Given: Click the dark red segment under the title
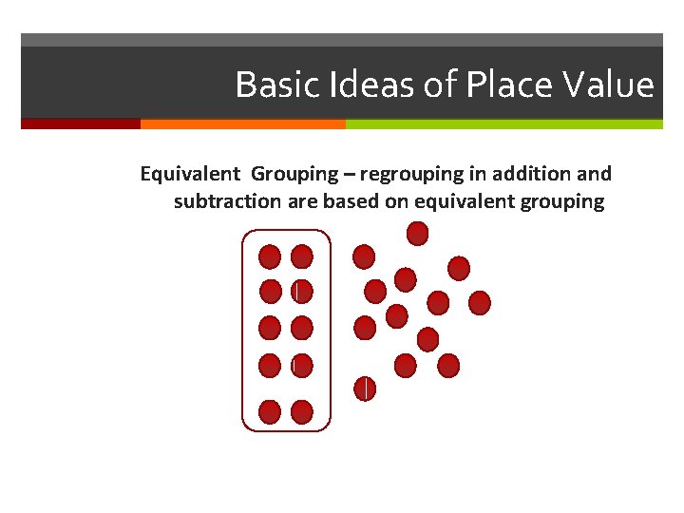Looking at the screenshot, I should pos(81,123).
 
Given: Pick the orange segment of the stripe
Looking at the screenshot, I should pos(242,123).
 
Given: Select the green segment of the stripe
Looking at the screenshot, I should pos(503,123).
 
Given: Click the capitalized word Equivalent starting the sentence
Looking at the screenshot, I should pos(190,175).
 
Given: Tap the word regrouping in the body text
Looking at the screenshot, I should pos(408,175).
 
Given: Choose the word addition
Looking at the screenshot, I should pos(539,175).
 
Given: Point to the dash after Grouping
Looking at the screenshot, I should pos(349,175).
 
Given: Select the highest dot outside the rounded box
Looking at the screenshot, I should pos(417,233).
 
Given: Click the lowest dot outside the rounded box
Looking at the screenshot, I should pos(365,389).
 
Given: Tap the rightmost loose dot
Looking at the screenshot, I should pos(480,302).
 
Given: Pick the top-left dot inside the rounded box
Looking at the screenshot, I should pos(271,256).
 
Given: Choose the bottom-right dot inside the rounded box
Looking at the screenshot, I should pos(301,411).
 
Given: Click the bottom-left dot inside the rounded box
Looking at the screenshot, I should pos(270,411).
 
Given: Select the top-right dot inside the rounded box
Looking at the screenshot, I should pos(301,256).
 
